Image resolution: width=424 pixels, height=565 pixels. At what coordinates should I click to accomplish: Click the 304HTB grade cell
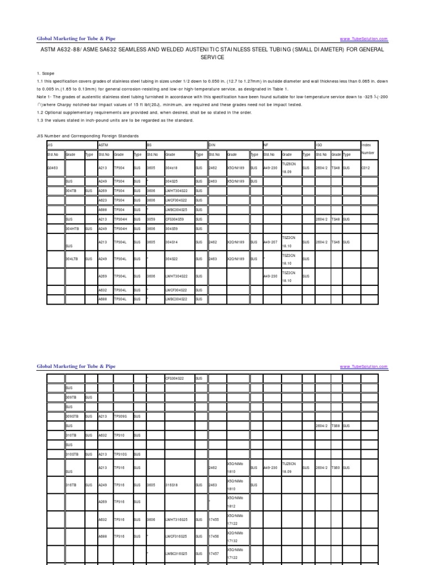click(73, 228)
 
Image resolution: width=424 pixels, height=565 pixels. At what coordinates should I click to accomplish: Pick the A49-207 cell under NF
click(270, 242)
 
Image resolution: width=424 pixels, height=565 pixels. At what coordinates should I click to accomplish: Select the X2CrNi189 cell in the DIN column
click(236, 242)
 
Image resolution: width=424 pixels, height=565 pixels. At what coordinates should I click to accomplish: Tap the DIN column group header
click(212, 145)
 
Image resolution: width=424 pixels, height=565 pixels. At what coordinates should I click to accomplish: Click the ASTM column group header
click(103, 145)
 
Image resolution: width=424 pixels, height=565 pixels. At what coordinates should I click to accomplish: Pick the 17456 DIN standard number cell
click(214, 536)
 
